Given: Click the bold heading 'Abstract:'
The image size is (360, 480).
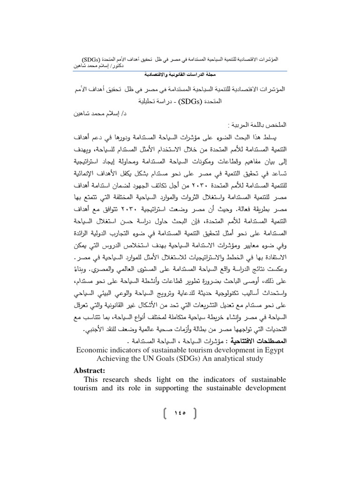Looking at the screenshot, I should point(91,370).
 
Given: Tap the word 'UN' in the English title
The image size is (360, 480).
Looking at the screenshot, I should point(151,359).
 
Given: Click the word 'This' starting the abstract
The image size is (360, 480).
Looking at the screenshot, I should point(92,379).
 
